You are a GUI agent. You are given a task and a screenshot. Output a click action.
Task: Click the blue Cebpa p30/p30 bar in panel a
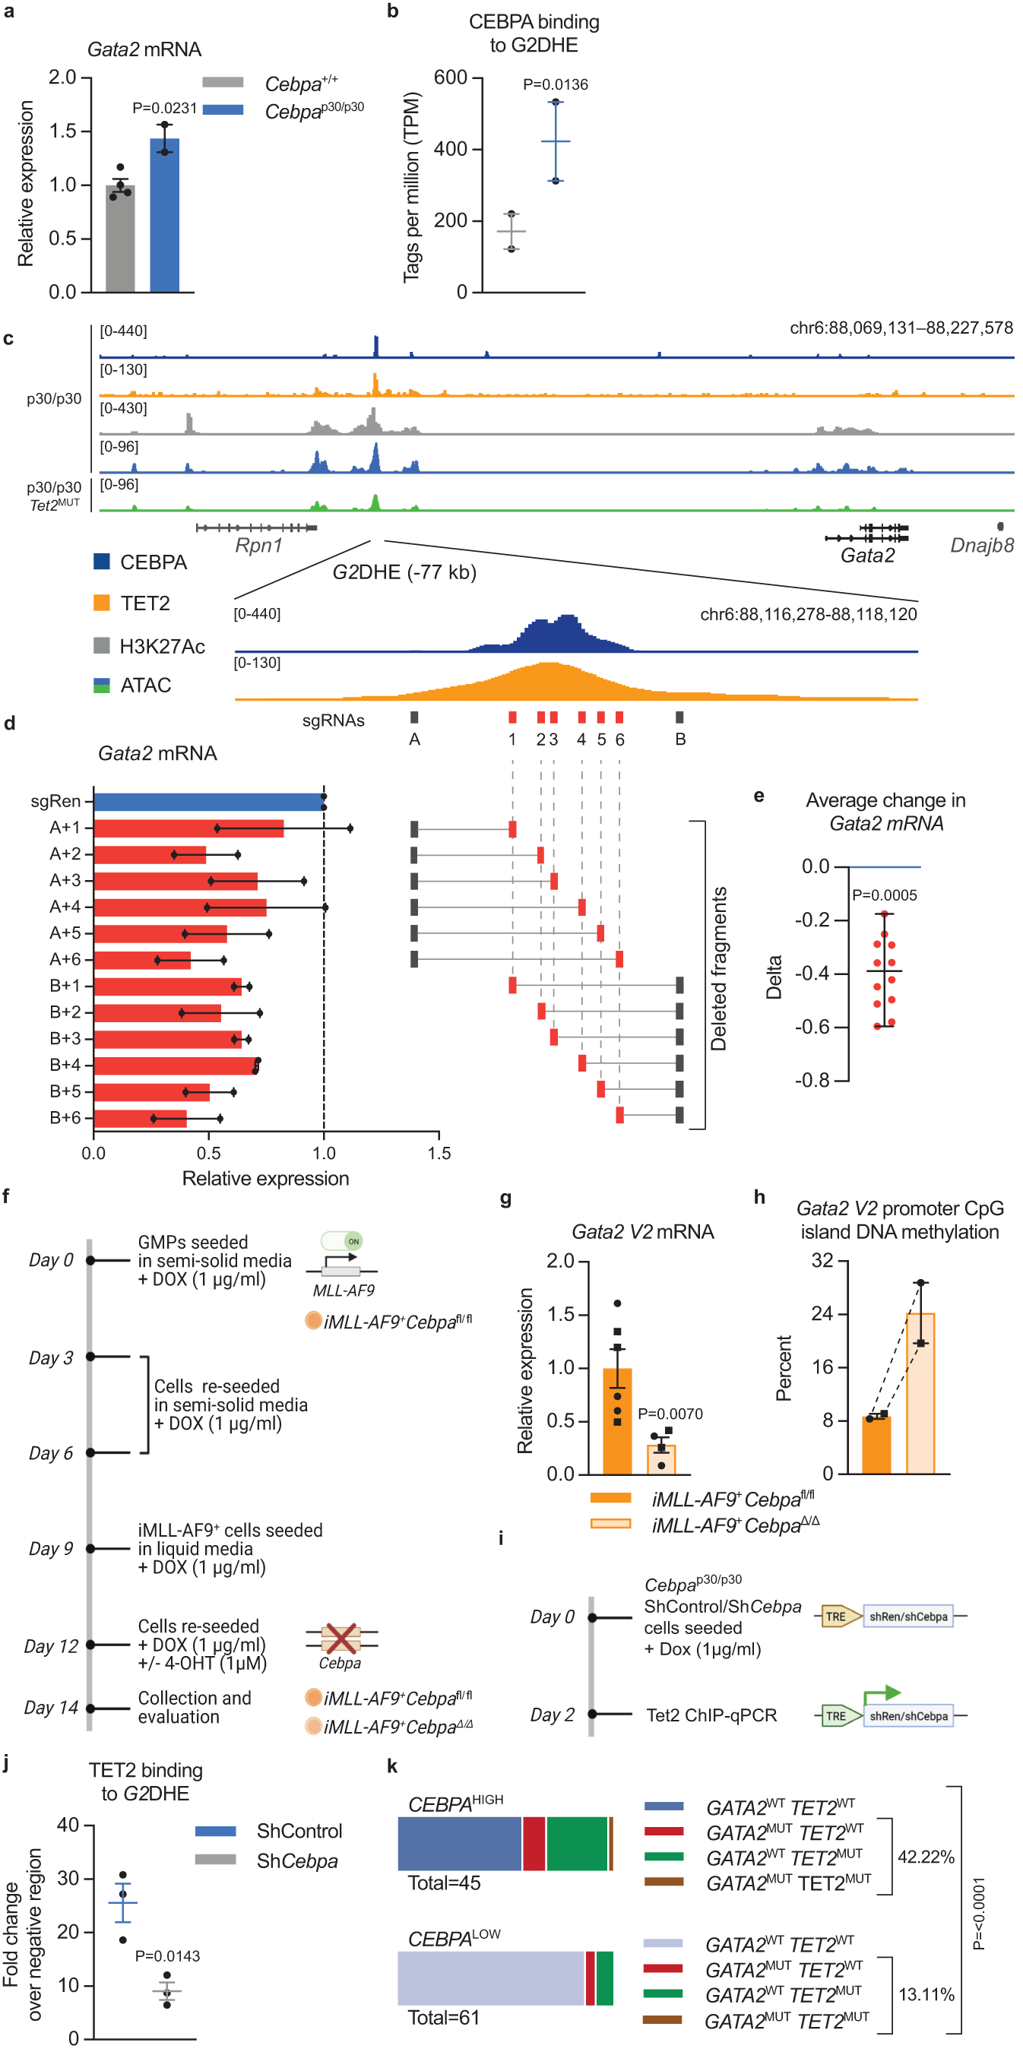164,215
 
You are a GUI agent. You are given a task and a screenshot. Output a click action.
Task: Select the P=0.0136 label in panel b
556,84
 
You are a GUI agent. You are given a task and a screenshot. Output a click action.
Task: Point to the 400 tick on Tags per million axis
450,149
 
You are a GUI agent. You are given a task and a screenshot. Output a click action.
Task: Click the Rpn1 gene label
258,546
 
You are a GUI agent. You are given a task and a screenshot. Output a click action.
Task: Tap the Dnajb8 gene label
981,546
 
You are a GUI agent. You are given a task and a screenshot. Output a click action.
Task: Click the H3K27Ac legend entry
162,646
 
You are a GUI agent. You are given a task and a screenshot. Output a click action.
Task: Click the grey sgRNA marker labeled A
414,717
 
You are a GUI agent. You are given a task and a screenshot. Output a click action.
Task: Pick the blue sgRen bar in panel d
207,801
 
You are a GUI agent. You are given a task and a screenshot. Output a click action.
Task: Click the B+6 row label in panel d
65,1118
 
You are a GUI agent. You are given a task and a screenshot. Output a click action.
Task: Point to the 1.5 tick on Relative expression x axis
439,1153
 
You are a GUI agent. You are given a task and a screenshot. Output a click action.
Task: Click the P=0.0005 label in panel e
885,895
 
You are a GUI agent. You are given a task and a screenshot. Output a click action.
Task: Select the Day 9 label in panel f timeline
51,1549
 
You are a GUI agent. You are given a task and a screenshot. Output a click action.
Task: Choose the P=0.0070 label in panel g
670,1414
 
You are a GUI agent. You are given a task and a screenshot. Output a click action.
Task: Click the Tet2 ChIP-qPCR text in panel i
711,1715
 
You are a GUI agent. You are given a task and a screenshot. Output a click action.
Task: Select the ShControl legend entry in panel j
299,1832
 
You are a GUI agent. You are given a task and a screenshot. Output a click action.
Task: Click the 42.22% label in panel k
925,1857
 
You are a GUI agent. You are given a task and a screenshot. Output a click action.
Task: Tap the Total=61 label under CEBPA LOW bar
444,2018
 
